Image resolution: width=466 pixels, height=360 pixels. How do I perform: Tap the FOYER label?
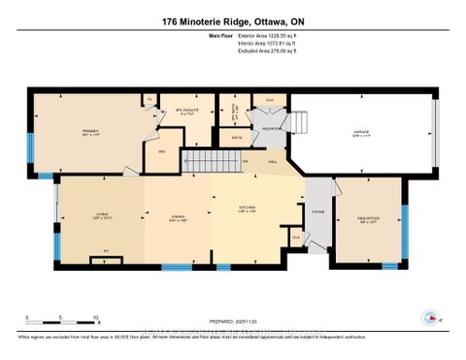coord(317,211)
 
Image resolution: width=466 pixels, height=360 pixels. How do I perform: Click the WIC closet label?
coord(162,152)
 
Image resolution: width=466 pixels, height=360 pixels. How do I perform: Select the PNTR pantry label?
coord(236,139)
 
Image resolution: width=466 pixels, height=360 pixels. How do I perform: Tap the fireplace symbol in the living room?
coord(105,257)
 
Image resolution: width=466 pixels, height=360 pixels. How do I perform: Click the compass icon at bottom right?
coord(428,316)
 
